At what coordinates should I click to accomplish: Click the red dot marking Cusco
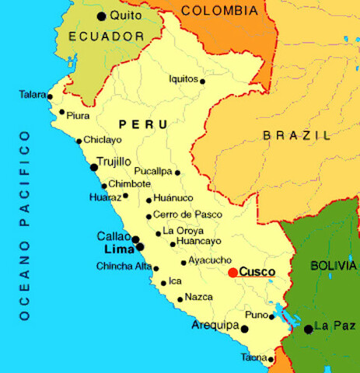[x=232, y=272]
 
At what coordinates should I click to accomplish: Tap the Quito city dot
[x=101, y=16]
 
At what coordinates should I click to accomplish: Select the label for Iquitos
[x=183, y=78]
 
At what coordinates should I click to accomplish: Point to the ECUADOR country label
[x=106, y=37]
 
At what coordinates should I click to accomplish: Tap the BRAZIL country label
[x=296, y=135]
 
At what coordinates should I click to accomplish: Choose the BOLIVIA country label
[x=333, y=265]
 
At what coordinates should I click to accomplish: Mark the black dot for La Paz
[x=308, y=329]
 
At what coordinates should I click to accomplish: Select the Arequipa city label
[x=215, y=326]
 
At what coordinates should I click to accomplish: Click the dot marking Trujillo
[x=94, y=166]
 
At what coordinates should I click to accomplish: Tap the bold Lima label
[x=118, y=249]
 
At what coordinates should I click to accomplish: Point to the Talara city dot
[x=50, y=97]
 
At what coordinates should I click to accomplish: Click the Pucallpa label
[x=153, y=170]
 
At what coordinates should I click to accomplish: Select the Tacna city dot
[x=271, y=359]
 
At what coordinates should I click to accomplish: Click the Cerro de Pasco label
[x=187, y=214]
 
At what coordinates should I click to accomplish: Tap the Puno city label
[x=255, y=314]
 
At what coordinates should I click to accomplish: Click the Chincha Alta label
[x=124, y=267]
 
